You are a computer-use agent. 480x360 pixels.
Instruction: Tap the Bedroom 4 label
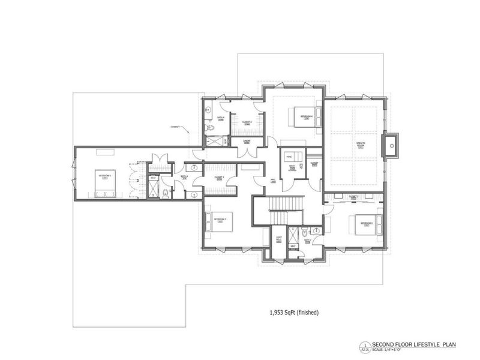307,117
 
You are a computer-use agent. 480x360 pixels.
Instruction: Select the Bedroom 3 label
220,220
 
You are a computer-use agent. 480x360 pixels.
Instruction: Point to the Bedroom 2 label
367,223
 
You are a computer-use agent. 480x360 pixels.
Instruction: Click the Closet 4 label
247,122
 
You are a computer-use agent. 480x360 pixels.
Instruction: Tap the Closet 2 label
354,196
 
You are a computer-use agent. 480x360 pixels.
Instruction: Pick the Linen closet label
246,142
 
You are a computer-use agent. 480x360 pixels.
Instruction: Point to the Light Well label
279,239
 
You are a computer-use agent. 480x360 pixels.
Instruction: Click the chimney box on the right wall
392,145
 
